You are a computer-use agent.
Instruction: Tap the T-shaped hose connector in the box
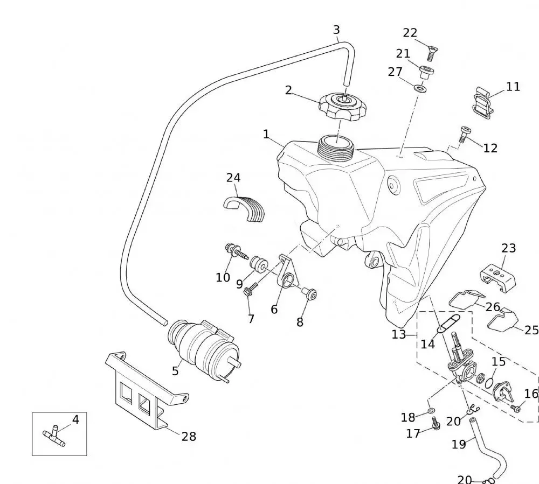[x=54, y=437]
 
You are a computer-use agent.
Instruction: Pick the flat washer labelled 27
[x=420, y=87]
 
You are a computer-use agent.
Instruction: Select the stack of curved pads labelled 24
[x=245, y=207]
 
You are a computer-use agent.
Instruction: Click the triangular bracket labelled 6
[x=286, y=273]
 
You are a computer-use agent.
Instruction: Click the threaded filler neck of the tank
[x=335, y=146]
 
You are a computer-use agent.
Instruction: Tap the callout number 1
[x=266, y=134]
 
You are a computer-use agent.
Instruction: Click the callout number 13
[x=399, y=334]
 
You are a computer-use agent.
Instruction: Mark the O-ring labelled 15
[x=489, y=382]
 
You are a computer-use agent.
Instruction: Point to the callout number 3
[x=336, y=30]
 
